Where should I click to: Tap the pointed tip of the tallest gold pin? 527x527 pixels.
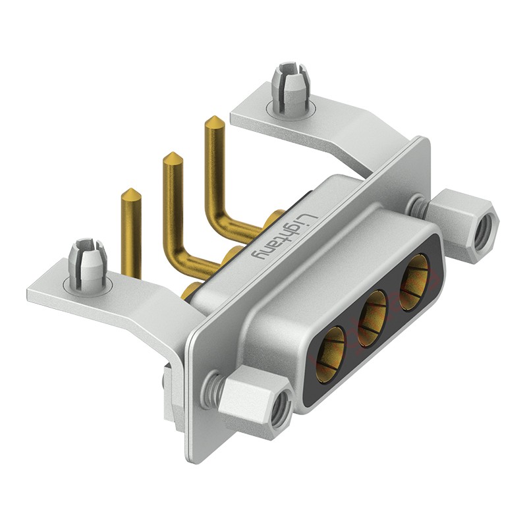[213, 117]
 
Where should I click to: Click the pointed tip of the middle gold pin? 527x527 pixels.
[173, 153]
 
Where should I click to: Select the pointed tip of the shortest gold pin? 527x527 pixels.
[130, 189]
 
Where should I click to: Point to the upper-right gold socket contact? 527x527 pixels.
[414, 283]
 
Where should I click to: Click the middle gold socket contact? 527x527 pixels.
[373, 318]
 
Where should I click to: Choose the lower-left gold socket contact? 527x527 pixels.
[330, 354]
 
